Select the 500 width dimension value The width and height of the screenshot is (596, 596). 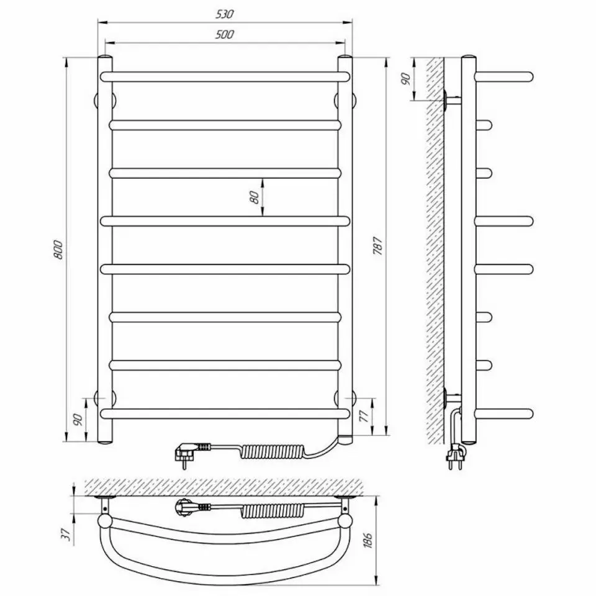pos(225,35)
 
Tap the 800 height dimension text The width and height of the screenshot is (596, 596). pos(59,249)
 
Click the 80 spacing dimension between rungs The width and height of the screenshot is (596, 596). pos(253,197)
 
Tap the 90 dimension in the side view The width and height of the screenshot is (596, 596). pos(407,79)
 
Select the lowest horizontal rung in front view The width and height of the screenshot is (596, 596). pos(225,413)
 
